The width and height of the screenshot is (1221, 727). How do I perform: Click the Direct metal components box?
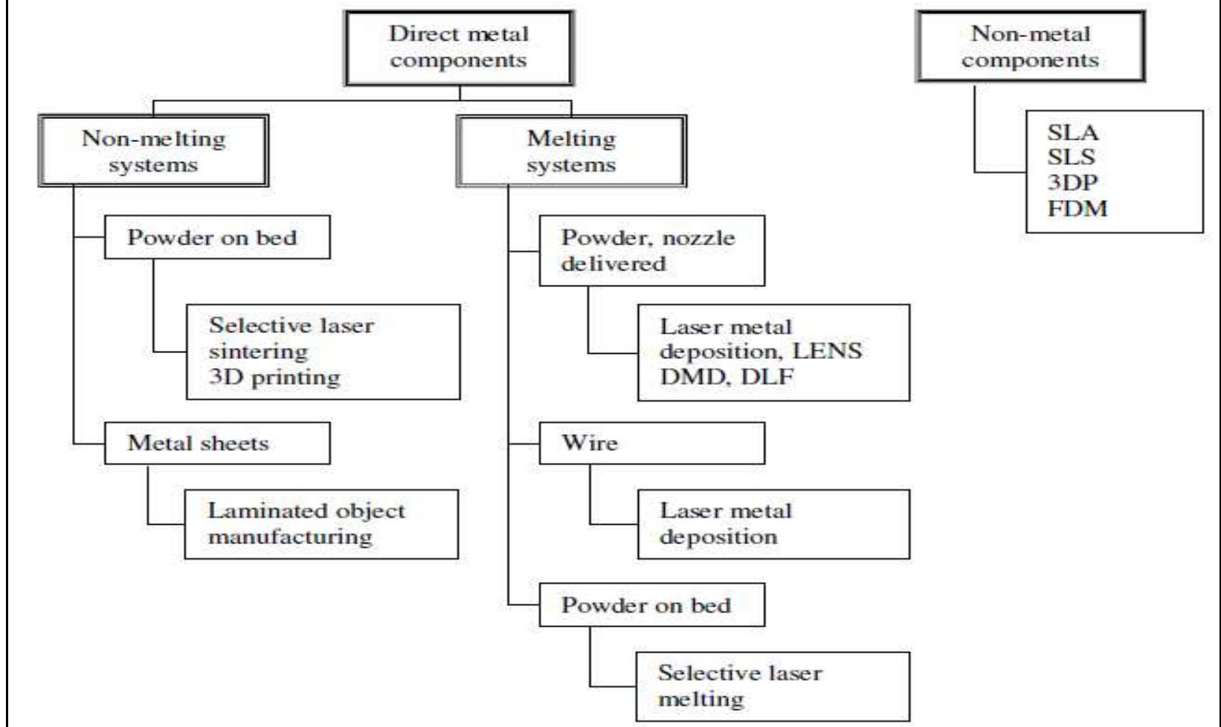(x=458, y=48)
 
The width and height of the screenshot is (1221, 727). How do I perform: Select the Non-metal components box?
(x=1030, y=47)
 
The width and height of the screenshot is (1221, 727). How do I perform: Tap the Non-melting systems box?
(x=153, y=151)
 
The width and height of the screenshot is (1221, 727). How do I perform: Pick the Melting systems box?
(x=571, y=151)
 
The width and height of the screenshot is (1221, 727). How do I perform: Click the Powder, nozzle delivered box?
(x=651, y=251)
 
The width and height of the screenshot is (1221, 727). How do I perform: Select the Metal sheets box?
(x=217, y=443)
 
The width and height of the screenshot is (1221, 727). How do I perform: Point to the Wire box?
(x=651, y=443)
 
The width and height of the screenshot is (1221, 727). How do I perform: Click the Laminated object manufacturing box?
(x=321, y=524)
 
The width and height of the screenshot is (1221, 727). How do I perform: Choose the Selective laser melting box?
(x=773, y=686)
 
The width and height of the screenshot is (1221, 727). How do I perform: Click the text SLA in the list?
(x=1072, y=133)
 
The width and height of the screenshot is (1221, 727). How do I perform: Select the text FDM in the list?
(x=1077, y=209)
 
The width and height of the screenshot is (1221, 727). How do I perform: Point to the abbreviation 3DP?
(x=1072, y=183)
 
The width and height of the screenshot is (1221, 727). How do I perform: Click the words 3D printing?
(x=274, y=377)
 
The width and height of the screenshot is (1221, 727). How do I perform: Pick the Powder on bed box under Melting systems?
(x=651, y=605)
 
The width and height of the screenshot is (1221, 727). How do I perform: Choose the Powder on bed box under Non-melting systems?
(x=217, y=238)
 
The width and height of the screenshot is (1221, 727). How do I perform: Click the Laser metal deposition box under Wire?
(x=773, y=524)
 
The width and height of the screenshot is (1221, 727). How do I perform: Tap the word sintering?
(x=258, y=351)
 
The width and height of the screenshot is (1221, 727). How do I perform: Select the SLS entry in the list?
(x=1072, y=158)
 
